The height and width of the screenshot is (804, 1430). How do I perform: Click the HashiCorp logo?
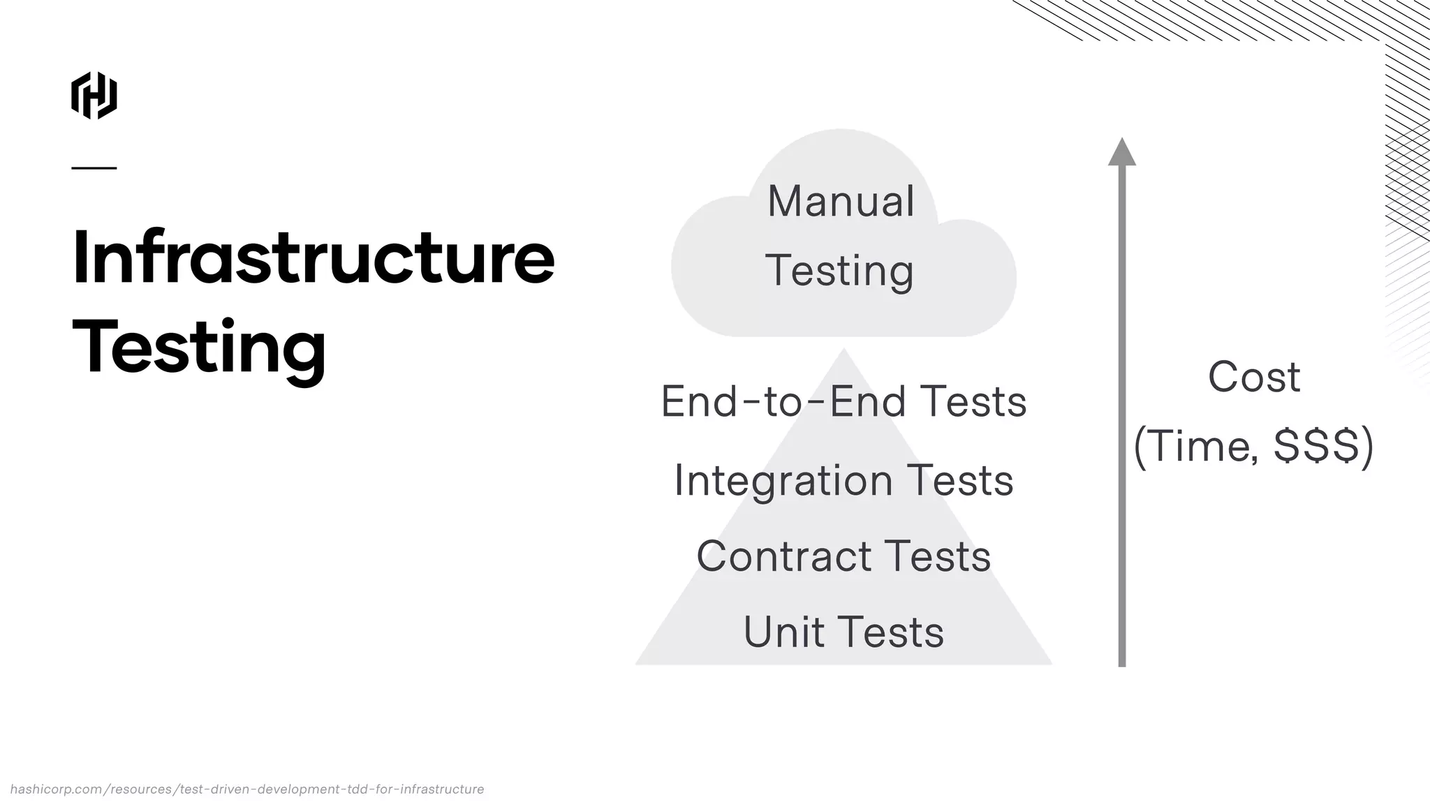click(94, 95)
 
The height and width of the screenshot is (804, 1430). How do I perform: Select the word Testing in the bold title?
click(199, 348)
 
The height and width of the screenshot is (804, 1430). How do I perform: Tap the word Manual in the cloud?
click(841, 201)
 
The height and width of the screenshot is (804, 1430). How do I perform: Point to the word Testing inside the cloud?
click(839, 271)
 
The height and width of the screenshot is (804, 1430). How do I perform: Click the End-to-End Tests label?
click(843, 401)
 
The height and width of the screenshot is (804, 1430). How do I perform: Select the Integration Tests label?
click(843, 481)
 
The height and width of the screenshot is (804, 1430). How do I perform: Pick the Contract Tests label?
click(843, 556)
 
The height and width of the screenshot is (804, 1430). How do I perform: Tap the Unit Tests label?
click(843, 632)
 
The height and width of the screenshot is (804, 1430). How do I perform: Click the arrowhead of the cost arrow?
click(1122, 152)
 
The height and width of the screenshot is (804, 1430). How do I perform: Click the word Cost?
click(1254, 377)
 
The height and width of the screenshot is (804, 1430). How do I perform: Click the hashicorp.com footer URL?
click(247, 789)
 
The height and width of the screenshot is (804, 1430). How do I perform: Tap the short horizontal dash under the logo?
click(94, 167)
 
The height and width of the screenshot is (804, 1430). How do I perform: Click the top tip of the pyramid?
click(843, 351)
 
